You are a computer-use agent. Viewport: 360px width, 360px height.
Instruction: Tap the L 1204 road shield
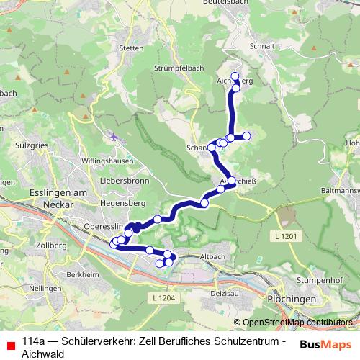tap(163, 297)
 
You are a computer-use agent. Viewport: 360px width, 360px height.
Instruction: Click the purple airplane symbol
tap(114, 135)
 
